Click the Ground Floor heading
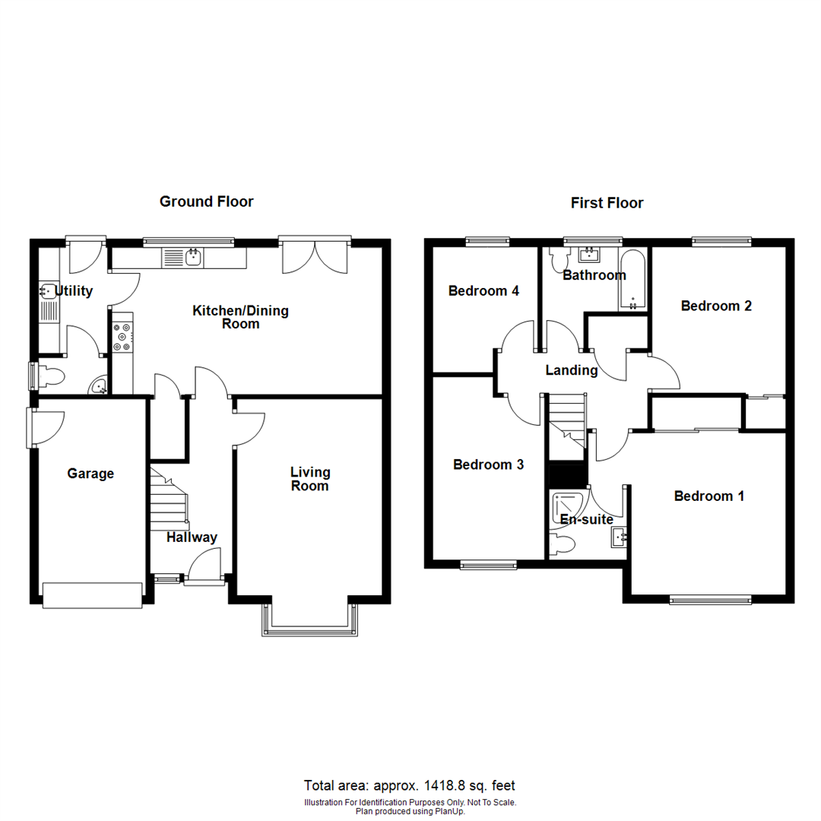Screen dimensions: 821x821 [x=206, y=201]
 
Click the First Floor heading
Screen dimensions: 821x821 [x=607, y=203]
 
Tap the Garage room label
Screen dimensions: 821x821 [x=90, y=474]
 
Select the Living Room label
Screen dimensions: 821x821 [x=309, y=479]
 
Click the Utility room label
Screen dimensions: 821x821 [x=73, y=290]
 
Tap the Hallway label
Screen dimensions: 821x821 [x=192, y=537]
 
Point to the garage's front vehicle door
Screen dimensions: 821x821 [x=93, y=594]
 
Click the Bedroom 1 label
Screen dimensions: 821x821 [x=709, y=496]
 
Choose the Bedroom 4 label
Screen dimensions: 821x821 [x=483, y=290]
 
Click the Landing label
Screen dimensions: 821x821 [x=572, y=370]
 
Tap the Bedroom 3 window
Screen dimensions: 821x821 [x=488, y=564]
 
